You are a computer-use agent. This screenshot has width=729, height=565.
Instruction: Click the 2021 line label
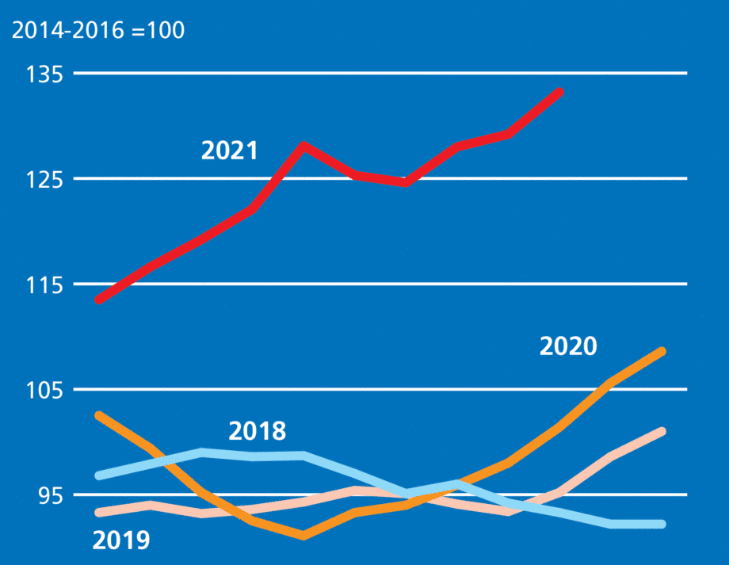(229, 151)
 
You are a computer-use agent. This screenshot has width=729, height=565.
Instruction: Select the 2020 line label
(567, 346)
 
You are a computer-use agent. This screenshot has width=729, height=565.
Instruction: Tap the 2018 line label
(257, 432)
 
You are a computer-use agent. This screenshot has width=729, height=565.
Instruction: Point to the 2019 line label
(120, 540)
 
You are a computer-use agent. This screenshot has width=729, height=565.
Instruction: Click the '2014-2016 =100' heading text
(97, 32)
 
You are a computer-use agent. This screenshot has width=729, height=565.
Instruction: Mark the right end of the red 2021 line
(559, 93)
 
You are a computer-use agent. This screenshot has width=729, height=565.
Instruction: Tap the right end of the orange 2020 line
(662, 351)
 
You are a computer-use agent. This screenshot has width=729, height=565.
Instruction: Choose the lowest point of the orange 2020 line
(304, 536)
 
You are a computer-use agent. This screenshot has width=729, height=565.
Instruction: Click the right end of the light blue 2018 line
(662, 524)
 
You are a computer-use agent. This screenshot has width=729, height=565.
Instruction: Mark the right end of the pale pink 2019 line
(662, 432)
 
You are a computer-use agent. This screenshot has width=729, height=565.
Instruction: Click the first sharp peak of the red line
(303, 145)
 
